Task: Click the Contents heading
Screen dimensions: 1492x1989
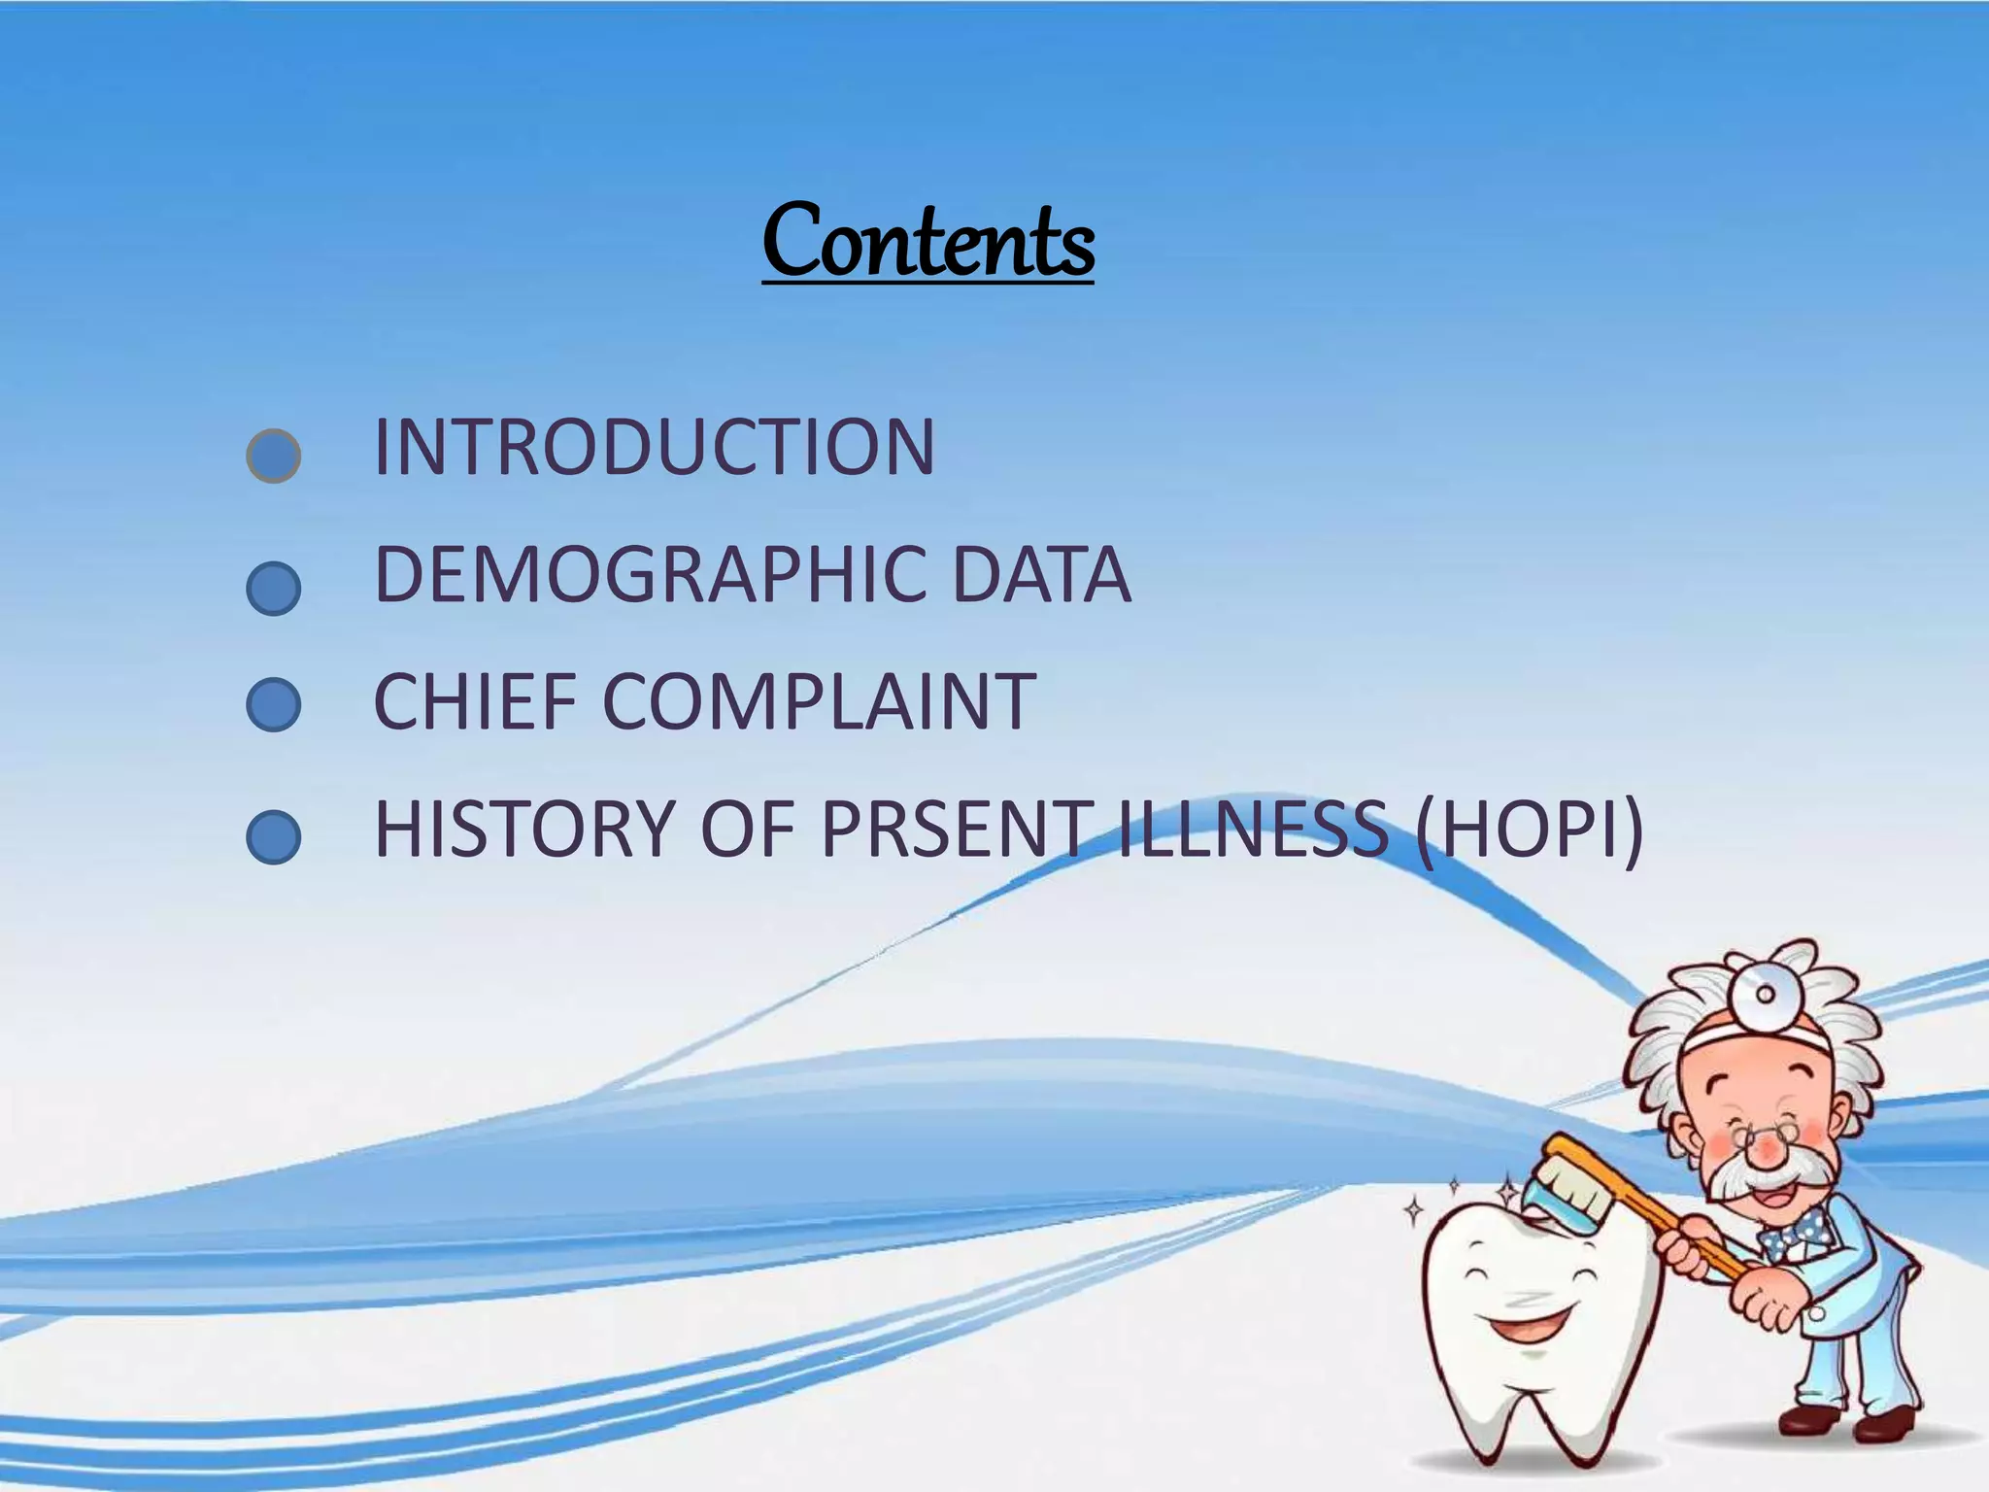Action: click(x=927, y=240)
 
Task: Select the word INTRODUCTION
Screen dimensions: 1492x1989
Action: click(x=654, y=448)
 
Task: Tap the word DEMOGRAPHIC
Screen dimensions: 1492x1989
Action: click(x=649, y=575)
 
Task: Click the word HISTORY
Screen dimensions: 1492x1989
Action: click(x=523, y=829)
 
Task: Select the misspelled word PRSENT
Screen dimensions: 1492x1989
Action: click(x=956, y=829)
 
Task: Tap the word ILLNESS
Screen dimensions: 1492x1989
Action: click(x=1253, y=829)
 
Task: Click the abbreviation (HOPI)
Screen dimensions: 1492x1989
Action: click(x=1529, y=829)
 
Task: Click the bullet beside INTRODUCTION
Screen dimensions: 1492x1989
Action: click(x=274, y=456)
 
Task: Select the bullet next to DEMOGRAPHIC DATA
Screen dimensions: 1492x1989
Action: click(x=274, y=588)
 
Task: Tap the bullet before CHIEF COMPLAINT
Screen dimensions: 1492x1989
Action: click(x=274, y=704)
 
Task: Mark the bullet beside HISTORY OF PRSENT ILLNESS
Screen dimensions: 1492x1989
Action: click(x=274, y=837)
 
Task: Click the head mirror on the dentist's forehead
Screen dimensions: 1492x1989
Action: click(x=1765, y=994)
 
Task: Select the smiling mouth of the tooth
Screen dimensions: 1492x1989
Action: click(x=1525, y=1324)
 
